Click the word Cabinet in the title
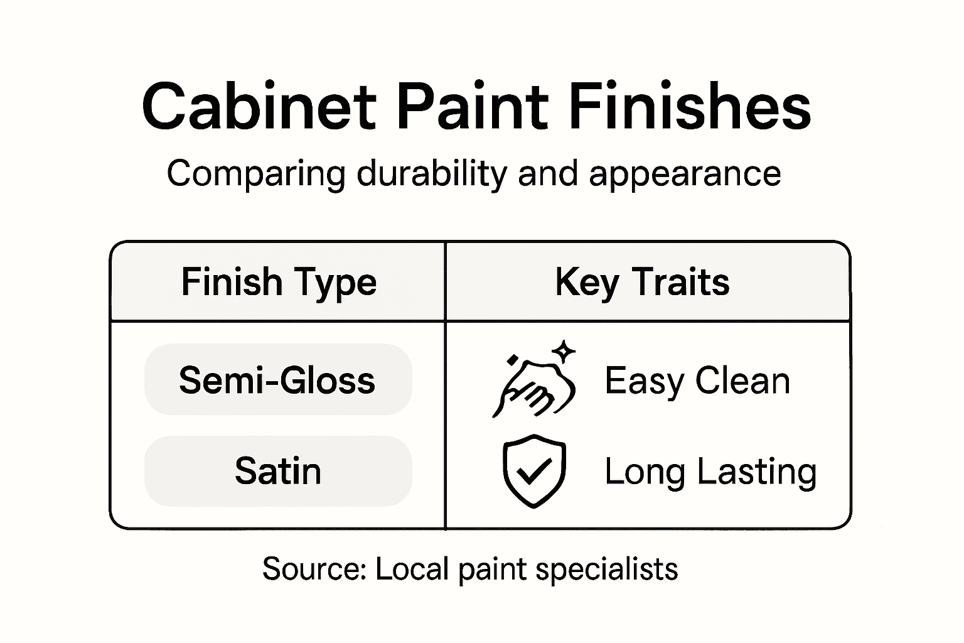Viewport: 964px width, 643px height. click(x=259, y=107)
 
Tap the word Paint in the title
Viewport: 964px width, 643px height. click(x=473, y=107)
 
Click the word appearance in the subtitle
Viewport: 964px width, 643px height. click(x=685, y=175)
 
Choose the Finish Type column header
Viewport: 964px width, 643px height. click(x=279, y=282)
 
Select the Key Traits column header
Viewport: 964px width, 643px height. click(x=642, y=282)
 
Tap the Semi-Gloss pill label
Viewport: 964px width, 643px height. click(x=277, y=381)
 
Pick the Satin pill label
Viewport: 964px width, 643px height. click(x=277, y=471)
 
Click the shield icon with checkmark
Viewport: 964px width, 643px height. click(x=534, y=471)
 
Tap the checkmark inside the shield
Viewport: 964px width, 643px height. click(x=534, y=471)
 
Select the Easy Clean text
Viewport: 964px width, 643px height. click(x=697, y=381)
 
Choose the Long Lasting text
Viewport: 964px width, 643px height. click(x=710, y=471)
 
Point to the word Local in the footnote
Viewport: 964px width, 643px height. click(x=412, y=569)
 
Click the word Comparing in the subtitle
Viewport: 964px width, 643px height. click(x=255, y=175)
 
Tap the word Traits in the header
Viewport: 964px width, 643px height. click(x=680, y=282)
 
